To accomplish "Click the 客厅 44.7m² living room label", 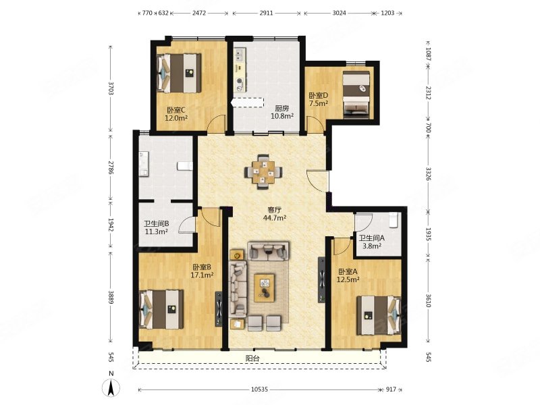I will point(275,213).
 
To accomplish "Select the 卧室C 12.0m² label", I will point(175,113).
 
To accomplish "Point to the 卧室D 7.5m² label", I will point(318,99).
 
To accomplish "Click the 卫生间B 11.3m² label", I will point(156,228).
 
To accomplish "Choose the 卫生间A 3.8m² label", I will point(371,242).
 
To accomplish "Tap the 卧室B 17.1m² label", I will point(202,271).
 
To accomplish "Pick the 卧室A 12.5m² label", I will point(348,275).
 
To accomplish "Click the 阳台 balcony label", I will point(252,359).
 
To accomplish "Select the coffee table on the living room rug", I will point(265,288).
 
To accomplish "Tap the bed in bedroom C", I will point(180,73).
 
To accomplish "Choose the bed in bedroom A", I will point(379,315).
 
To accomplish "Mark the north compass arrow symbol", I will point(111,387).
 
